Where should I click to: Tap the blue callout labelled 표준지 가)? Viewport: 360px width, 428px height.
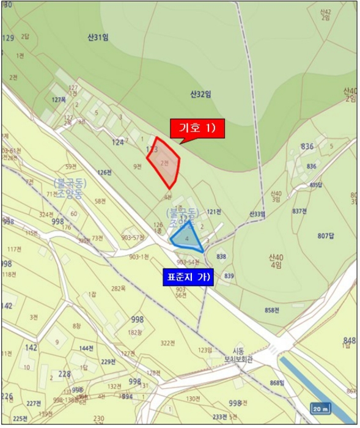pos(188,277)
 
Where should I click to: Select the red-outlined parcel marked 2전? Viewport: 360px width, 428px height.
pos(164,163)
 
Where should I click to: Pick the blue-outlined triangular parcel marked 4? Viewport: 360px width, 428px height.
pos(187,238)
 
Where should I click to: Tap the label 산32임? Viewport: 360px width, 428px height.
pos(200,94)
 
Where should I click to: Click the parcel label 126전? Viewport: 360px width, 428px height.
pos(105,172)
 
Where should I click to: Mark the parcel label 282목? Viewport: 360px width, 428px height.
pos(118,288)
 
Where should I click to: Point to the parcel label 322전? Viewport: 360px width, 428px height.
pos(167,344)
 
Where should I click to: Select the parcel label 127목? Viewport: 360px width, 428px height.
pos(59,100)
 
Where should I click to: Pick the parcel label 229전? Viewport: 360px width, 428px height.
pos(108,362)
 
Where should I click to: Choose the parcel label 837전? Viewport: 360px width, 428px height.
pos(299,211)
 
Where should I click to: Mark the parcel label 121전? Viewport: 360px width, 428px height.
pos(213,212)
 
